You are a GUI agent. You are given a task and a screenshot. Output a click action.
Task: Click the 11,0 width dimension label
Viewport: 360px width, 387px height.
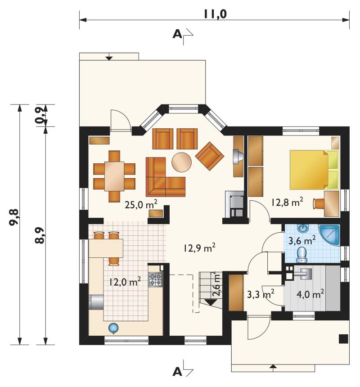click(x=215, y=14)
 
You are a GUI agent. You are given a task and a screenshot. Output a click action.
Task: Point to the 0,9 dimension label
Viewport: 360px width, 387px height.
click(x=41, y=116)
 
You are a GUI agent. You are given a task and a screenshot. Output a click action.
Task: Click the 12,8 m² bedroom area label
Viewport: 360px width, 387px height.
click(x=287, y=202)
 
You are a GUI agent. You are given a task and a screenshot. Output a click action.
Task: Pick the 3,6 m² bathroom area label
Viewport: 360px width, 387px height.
click(x=302, y=240)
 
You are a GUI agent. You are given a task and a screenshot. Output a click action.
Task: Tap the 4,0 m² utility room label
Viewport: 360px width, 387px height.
click(x=310, y=294)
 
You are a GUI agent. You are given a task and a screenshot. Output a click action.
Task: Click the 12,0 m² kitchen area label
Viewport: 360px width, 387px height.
click(x=126, y=282)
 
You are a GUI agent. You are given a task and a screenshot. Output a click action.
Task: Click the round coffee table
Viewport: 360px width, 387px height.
click(x=181, y=162)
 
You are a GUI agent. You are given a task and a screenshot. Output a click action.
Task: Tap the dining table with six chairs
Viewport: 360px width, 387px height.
click(x=114, y=176)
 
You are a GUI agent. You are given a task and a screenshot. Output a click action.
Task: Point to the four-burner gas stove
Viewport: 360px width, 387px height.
click(x=155, y=279)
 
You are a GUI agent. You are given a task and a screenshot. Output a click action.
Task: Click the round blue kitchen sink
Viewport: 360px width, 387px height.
click(x=113, y=328)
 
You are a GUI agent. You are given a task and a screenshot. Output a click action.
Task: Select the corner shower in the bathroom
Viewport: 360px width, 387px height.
click(x=329, y=235)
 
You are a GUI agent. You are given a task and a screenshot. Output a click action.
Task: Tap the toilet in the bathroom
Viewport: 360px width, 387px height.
click(x=301, y=255)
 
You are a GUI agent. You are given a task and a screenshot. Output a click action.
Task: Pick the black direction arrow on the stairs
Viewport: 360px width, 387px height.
click(x=211, y=302)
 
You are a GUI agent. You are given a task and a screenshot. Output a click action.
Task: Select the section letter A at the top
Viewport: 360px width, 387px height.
click(x=177, y=34)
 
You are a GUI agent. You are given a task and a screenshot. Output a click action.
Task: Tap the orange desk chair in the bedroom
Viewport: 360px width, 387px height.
click(x=318, y=203)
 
